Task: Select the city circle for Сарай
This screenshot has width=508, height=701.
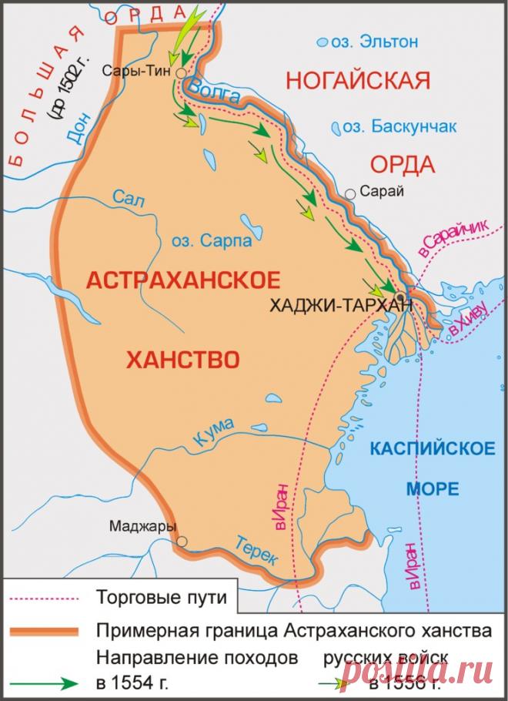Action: [351, 194]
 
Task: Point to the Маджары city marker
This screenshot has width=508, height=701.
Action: [182, 542]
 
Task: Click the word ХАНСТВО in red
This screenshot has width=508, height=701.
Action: [182, 359]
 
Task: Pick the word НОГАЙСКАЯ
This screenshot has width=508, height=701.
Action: [356, 79]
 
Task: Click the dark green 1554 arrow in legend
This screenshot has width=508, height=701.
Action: [46, 683]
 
